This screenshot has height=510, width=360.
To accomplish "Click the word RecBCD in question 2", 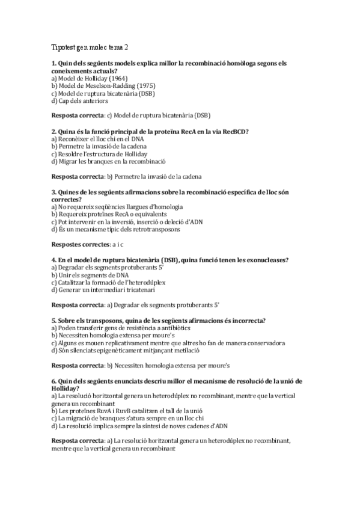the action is (x=237, y=131).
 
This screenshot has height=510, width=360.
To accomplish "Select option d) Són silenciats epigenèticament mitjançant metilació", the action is (x=134, y=351).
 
